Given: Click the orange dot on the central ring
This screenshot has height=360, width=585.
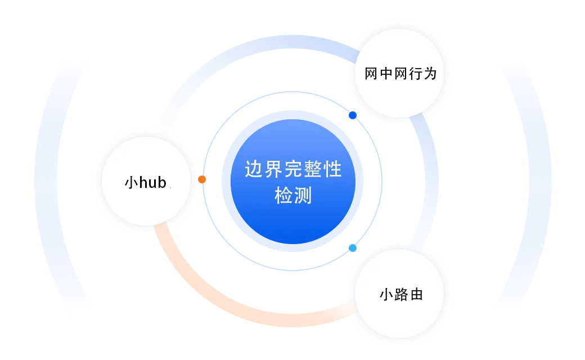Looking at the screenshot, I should click(201, 179).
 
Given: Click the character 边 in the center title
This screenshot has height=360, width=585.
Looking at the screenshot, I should click(253, 169).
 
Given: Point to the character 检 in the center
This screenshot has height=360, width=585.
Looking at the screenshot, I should click(283, 195).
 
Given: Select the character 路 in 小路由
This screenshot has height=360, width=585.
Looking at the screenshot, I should click(401, 294).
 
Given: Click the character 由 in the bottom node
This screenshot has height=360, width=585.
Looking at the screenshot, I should click(416, 294).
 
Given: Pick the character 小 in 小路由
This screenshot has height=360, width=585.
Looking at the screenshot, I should click(386, 294).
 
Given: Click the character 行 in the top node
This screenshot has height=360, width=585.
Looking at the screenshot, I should click(415, 73).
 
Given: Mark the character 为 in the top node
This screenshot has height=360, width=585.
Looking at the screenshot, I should click(430, 73).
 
